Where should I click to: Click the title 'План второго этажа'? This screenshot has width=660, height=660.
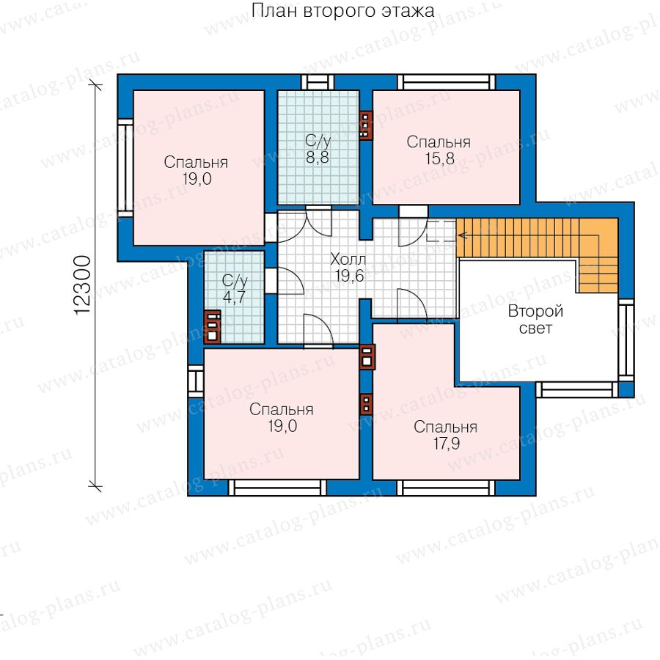342,11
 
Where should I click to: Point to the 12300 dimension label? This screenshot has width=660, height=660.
82,285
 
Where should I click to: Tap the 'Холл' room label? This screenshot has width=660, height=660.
348,259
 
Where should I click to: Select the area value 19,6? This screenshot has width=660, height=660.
349,276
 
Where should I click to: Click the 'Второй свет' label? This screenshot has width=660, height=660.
535,320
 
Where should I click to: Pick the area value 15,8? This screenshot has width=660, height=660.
440,158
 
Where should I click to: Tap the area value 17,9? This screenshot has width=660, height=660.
447,443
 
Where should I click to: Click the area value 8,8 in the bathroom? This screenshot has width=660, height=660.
318,158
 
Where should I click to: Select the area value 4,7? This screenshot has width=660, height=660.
234,297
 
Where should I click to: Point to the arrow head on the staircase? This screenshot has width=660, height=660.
462,235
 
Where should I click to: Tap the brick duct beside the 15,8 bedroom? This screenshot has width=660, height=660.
366,125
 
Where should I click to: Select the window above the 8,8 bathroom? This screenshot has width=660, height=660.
318,82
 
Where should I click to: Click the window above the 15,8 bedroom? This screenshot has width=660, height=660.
447,82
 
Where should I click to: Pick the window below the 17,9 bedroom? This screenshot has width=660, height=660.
446,488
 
